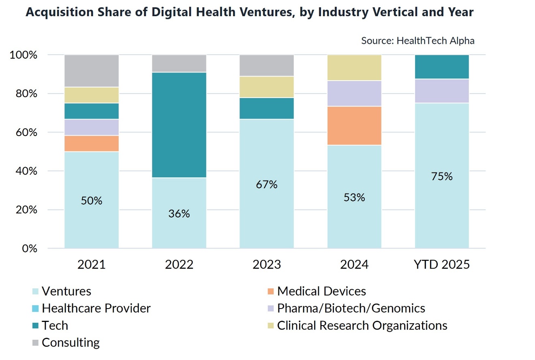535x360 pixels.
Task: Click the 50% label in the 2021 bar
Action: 92,200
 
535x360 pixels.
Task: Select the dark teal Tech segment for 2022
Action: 179,125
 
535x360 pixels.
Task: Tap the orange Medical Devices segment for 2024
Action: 354,126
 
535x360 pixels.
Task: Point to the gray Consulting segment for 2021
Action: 92,71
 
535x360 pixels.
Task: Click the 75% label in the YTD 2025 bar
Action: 442,177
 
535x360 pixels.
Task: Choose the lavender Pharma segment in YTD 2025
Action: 442,91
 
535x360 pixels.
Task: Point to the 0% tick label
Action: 30,248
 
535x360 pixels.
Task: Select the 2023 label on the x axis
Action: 267,265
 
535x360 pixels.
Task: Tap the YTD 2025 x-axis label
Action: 442,265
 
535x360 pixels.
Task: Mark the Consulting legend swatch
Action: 36,343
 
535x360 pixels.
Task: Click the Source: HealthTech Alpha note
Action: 417,40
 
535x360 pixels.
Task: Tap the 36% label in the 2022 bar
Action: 179,213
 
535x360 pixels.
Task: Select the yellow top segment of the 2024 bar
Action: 354,68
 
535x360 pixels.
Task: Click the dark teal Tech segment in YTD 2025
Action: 442,67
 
